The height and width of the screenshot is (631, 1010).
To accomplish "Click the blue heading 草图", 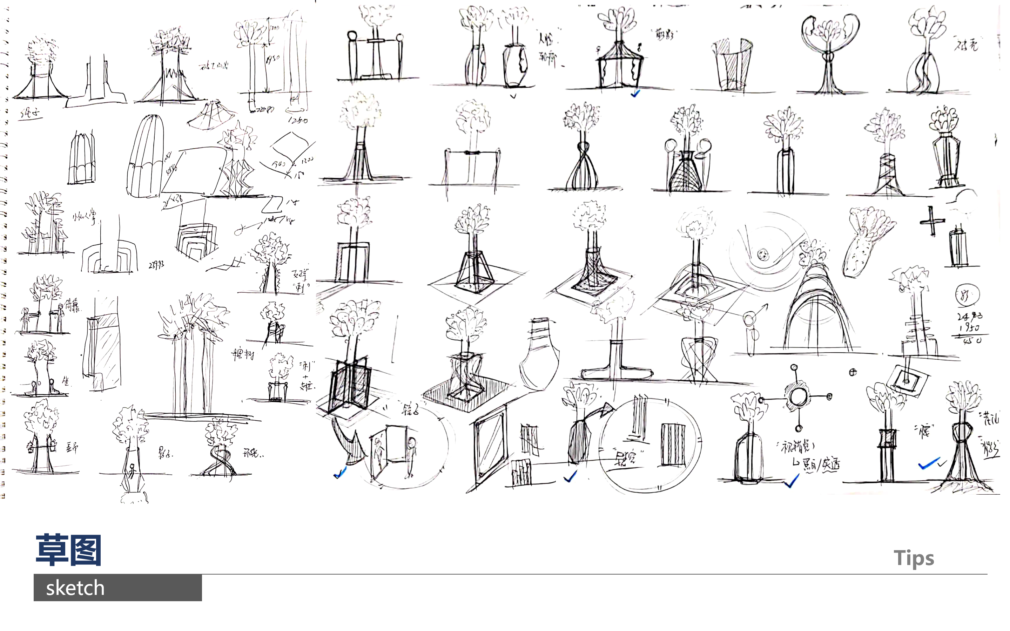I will pos(68,550).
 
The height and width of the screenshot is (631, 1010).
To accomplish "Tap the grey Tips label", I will pos(914,558).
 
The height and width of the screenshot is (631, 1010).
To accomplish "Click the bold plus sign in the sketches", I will pos(931,221).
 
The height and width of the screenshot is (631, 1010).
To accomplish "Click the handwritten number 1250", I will pos(298,120).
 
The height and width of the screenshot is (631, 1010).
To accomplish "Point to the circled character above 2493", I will pos(967,294).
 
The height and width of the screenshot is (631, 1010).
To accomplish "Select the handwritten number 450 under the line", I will pos(972,340).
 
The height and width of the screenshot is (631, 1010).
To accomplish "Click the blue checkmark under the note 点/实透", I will pos(791,482).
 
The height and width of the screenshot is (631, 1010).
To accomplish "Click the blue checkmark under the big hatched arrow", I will pos(340,473).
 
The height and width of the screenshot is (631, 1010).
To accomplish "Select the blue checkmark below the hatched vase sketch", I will pos(570,476).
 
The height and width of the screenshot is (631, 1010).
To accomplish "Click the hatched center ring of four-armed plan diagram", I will pos(797,396).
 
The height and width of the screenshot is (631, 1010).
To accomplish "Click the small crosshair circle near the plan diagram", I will pos(853,372).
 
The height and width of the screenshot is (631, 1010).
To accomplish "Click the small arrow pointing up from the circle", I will pos(762,308).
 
